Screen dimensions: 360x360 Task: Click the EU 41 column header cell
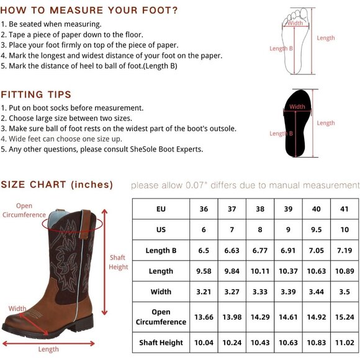click(x=344, y=209)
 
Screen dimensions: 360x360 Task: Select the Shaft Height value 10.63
click(x=288, y=343)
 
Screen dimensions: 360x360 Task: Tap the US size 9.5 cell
click(x=317, y=230)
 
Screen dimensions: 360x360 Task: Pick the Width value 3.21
click(x=204, y=292)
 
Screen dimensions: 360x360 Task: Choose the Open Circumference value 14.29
click(x=260, y=317)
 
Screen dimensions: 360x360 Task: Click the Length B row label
click(x=161, y=250)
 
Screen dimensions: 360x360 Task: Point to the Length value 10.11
click(x=260, y=271)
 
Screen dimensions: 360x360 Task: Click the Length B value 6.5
click(x=204, y=250)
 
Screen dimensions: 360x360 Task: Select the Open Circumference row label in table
click(x=161, y=317)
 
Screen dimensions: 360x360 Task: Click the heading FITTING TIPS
click(x=36, y=94)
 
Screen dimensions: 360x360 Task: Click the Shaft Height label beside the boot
click(x=118, y=262)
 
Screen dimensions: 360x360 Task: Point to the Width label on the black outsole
click(x=297, y=107)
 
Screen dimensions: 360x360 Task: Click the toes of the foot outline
click(x=296, y=14)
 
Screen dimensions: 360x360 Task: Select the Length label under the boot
click(x=48, y=349)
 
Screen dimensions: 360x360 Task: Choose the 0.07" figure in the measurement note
click(x=195, y=186)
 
